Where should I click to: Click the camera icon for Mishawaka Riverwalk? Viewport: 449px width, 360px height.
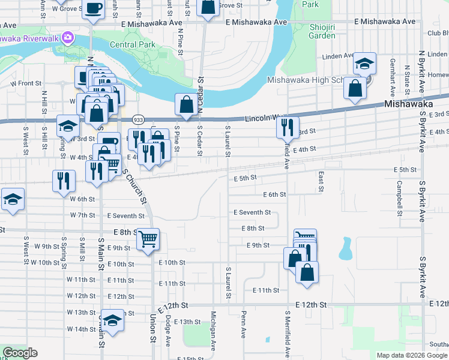[x=68, y=38]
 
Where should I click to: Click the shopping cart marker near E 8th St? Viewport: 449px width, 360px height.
[x=148, y=239]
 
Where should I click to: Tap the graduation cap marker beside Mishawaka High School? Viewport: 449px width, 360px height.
[x=364, y=64]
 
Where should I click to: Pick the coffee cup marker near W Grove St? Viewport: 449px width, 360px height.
[x=93, y=9]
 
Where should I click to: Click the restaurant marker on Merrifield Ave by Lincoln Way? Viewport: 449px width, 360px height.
[x=288, y=127]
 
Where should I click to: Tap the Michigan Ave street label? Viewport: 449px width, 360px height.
[x=213, y=329]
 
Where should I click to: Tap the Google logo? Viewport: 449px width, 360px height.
[x=20, y=353]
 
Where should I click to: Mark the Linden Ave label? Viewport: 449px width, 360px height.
[x=337, y=56]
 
